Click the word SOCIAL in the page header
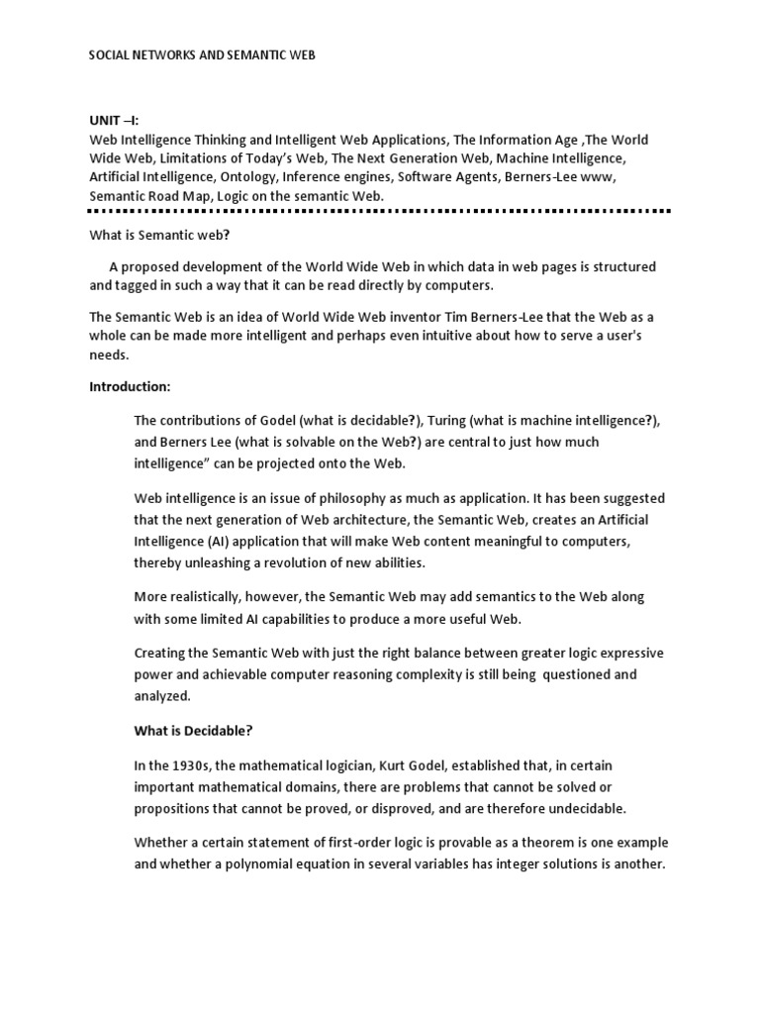pos(111,56)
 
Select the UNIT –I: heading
pos(116,121)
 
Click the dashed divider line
pos(380,211)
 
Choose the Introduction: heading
pos(130,385)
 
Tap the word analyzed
pos(162,695)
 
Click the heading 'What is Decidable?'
pos(193,731)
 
